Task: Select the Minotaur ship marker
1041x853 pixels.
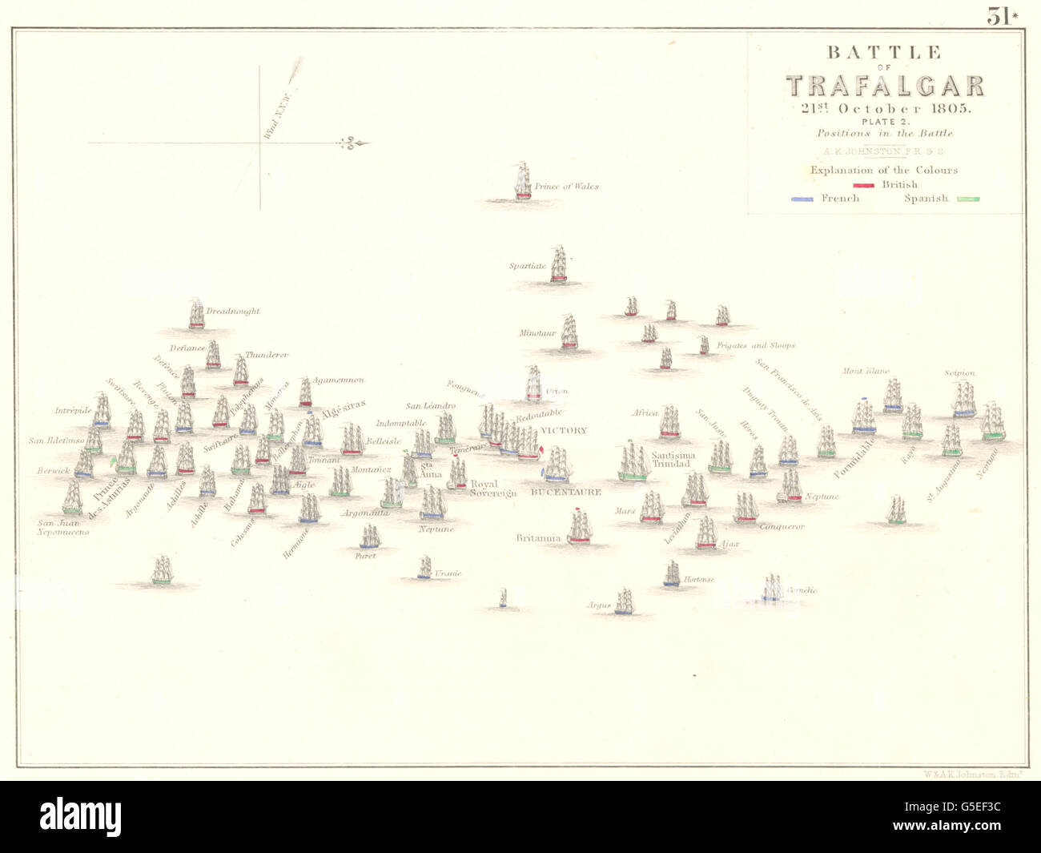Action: tap(569, 332)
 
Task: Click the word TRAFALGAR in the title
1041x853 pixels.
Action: tap(885, 86)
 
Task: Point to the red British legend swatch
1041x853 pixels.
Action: tap(864, 185)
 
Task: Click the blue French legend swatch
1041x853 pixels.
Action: tap(802, 199)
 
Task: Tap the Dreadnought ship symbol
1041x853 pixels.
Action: tap(196, 314)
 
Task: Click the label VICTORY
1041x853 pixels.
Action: tap(564, 430)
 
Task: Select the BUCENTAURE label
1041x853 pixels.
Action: tap(565, 492)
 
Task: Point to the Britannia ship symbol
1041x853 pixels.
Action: tap(580, 528)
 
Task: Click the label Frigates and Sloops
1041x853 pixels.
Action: tap(755, 345)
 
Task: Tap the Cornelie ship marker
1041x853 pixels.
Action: tap(772, 587)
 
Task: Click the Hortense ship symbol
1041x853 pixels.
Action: tap(672, 573)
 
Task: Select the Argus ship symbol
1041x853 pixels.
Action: tap(624, 602)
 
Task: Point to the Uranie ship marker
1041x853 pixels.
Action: tap(424, 568)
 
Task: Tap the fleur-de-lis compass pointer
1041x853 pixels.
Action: tap(352, 143)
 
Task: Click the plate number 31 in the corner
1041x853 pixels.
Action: tap(999, 16)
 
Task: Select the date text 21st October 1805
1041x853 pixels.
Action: tap(884, 109)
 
